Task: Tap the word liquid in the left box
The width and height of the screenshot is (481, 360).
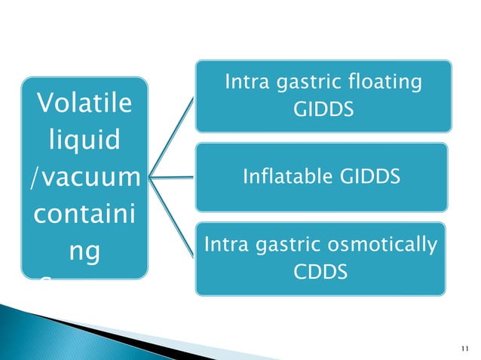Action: [83, 141]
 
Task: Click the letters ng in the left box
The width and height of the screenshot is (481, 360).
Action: [83, 251]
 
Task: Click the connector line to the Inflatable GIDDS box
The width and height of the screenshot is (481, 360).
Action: [172, 178]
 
